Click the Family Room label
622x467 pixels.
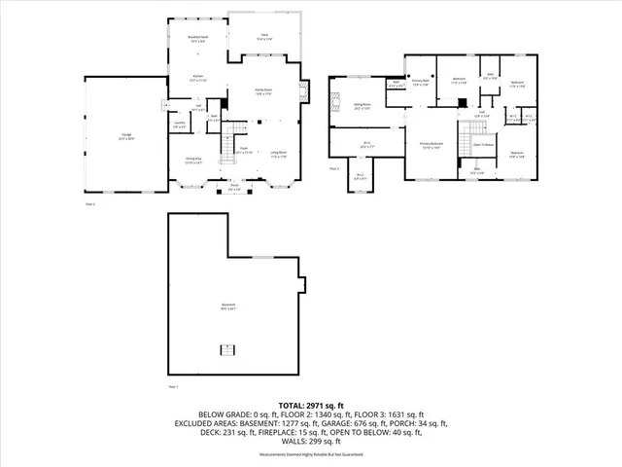click(x=263, y=91)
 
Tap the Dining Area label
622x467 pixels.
click(x=192, y=161)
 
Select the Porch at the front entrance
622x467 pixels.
click(x=235, y=189)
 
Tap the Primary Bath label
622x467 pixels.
click(x=422, y=84)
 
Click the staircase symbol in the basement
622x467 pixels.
click(x=228, y=351)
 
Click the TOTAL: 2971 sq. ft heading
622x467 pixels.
click(x=312, y=404)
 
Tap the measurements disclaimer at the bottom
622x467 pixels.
click(x=312, y=454)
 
